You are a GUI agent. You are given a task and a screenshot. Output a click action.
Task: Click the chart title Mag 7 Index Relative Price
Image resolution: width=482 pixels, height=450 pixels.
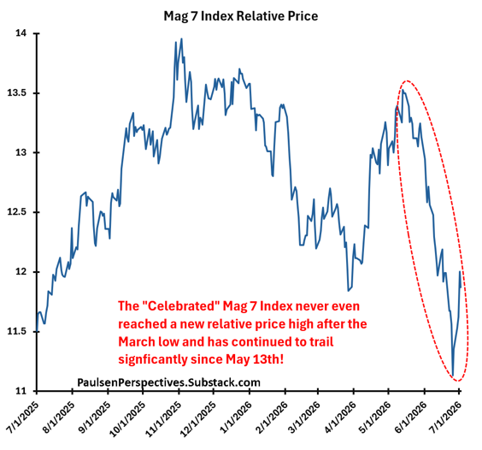(241, 16)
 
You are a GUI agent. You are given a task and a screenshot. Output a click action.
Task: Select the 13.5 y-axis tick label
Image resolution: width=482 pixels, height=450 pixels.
(19, 93)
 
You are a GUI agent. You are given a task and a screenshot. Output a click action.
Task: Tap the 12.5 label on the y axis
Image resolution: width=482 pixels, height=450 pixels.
(19, 212)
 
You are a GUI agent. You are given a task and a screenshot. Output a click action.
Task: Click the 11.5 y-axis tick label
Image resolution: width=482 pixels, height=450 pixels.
(19, 331)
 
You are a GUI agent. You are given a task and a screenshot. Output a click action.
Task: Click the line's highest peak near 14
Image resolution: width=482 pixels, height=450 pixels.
(182, 38)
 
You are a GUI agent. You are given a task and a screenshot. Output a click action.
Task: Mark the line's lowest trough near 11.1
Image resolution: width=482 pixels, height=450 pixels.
(453, 376)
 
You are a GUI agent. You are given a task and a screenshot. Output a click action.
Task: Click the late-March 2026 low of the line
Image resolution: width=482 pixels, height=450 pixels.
(348, 291)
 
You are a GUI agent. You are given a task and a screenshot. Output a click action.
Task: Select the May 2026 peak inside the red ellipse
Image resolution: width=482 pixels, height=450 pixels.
(403, 90)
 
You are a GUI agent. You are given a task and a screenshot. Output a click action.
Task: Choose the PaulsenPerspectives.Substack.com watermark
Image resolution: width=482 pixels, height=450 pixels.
(168, 382)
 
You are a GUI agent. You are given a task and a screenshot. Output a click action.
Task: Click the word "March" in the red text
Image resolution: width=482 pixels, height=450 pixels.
(137, 341)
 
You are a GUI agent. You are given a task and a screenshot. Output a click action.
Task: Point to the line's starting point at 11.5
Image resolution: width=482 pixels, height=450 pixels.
(37, 331)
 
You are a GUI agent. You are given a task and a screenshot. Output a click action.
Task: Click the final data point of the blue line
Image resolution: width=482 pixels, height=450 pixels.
(461, 287)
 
